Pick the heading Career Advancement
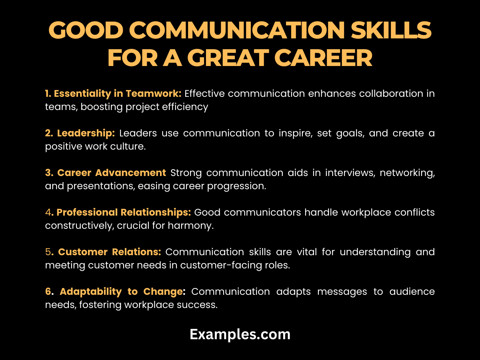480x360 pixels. coord(112,173)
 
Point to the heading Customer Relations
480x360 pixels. coord(110,252)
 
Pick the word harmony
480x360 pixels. coord(192,226)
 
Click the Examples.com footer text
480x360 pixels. coord(240,334)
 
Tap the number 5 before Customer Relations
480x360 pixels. coord(48,252)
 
